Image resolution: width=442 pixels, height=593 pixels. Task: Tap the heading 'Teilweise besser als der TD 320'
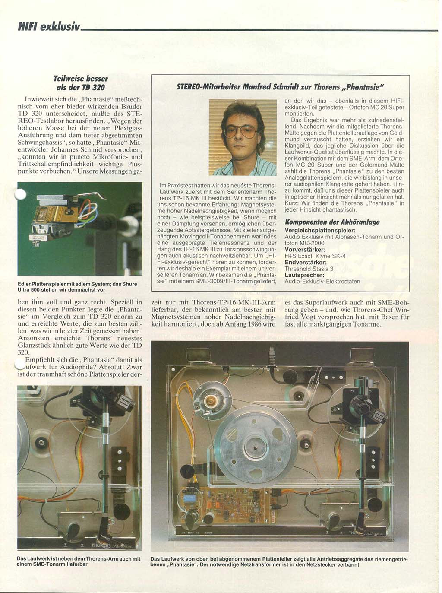pyautogui.click(x=80, y=83)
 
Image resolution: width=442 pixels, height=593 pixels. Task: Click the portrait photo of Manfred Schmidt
pyautogui.click(x=243, y=137)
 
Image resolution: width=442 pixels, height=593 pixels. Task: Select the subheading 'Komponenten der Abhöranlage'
pyautogui.click(x=332, y=222)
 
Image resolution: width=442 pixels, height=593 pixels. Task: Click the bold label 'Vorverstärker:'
pyautogui.click(x=305, y=250)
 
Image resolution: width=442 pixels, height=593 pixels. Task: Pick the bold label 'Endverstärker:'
pyautogui.click(x=305, y=262)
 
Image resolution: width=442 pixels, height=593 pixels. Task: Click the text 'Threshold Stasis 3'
pyautogui.click(x=309, y=269)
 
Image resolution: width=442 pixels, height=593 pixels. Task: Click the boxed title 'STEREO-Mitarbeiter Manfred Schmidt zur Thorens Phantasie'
pyautogui.click(x=280, y=87)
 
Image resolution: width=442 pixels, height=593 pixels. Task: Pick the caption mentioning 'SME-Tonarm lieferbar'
pyautogui.click(x=78, y=561)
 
